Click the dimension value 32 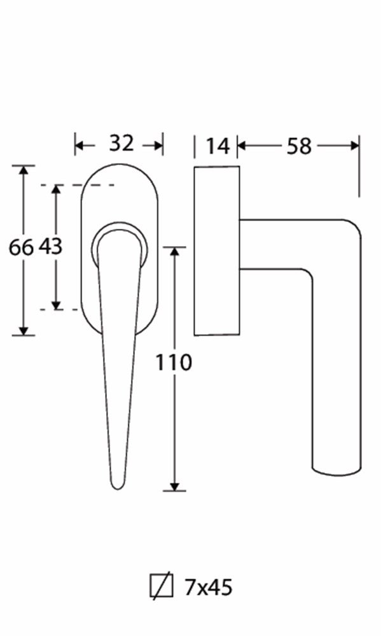point(121,143)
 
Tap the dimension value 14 point(218,146)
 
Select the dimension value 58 point(299,146)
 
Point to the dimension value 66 point(21,247)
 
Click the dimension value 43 point(51,245)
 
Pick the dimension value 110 point(174,363)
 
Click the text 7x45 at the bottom point(209,587)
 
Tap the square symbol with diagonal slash point(162,586)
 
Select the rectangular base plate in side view point(217,251)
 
